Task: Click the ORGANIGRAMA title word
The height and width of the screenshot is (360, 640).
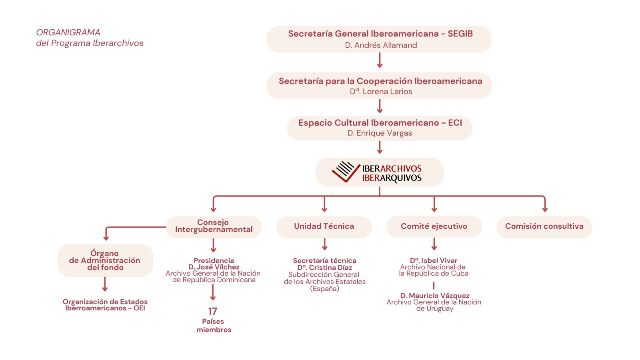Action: tap(68, 32)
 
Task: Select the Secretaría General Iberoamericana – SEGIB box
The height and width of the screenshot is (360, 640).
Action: tap(379, 39)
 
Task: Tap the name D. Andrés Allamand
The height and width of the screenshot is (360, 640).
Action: tap(381, 45)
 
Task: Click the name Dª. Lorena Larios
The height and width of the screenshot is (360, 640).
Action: tap(381, 92)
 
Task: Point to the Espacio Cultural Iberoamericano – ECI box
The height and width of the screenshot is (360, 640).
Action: tap(380, 128)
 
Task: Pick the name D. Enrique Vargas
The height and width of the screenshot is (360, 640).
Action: tap(380, 133)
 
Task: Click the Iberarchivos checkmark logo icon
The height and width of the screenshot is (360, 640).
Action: tap(343, 172)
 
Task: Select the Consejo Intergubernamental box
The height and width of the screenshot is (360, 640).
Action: tap(214, 226)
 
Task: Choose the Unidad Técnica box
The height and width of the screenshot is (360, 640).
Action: tap(324, 226)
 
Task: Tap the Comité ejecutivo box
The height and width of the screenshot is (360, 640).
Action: tap(434, 226)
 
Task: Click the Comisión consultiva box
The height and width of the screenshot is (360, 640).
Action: tap(544, 226)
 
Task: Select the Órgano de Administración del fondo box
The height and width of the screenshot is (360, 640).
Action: tap(105, 260)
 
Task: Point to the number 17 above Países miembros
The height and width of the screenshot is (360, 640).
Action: tap(212, 311)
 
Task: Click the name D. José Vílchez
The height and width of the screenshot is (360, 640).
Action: tap(214, 267)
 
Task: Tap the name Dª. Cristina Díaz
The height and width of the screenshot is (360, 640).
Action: tap(324, 268)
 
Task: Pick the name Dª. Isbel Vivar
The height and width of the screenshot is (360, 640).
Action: tap(434, 261)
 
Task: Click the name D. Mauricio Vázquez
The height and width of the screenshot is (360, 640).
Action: tap(435, 296)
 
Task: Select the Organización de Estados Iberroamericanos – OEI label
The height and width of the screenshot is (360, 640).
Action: tap(105, 305)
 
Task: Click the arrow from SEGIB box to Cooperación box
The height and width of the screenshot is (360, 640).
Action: tap(380, 60)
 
